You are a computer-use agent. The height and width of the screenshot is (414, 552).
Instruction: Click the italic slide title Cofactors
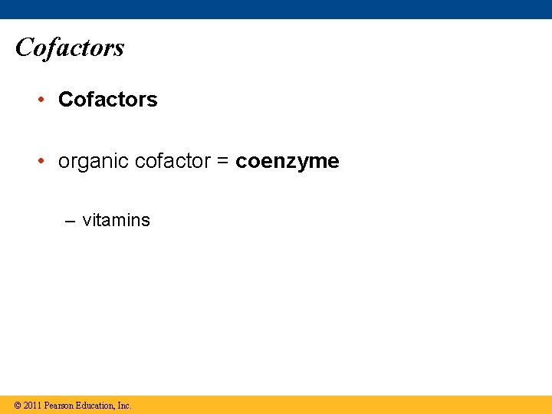pyautogui.click(x=70, y=48)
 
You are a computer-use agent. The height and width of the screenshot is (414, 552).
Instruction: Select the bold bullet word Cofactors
pyautogui.click(x=108, y=100)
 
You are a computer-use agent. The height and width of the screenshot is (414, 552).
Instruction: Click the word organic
pyautogui.click(x=94, y=163)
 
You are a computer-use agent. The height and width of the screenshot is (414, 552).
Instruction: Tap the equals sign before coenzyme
pyautogui.click(x=223, y=162)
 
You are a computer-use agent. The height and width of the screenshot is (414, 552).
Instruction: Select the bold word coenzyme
pyautogui.click(x=287, y=162)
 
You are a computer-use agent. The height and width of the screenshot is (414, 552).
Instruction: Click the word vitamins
pyautogui.click(x=117, y=220)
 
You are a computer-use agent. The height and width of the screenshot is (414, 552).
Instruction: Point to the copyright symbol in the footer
pyautogui.click(x=17, y=405)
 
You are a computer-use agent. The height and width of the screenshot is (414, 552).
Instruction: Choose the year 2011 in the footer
pyautogui.click(x=32, y=405)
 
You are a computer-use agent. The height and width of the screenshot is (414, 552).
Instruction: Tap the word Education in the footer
pyautogui.click(x=96, y=405)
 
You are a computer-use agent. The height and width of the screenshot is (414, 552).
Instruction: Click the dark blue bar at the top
pyautogui.click(x=276, y=9)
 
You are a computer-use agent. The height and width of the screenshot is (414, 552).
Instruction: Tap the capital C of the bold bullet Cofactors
pyautogui.click(x=65, y=100)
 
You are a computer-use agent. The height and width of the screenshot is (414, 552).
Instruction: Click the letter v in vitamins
pyautogui.click(x=87, y=221)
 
